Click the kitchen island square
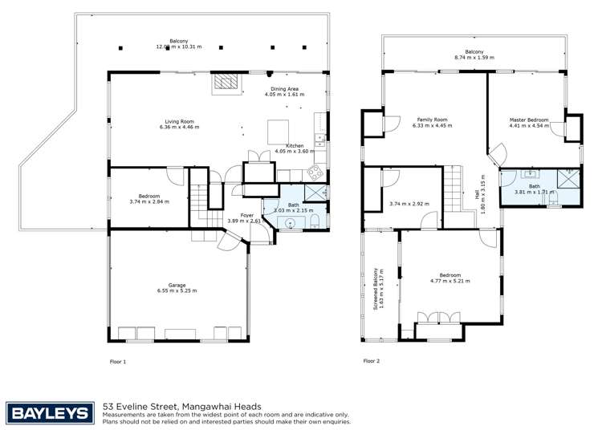pos(279,130)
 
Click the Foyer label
pos(247,216)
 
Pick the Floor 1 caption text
pos(118,362)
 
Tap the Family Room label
pos(429,120)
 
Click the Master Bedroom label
pos(529,120)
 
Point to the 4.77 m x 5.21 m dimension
pos(449,282)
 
